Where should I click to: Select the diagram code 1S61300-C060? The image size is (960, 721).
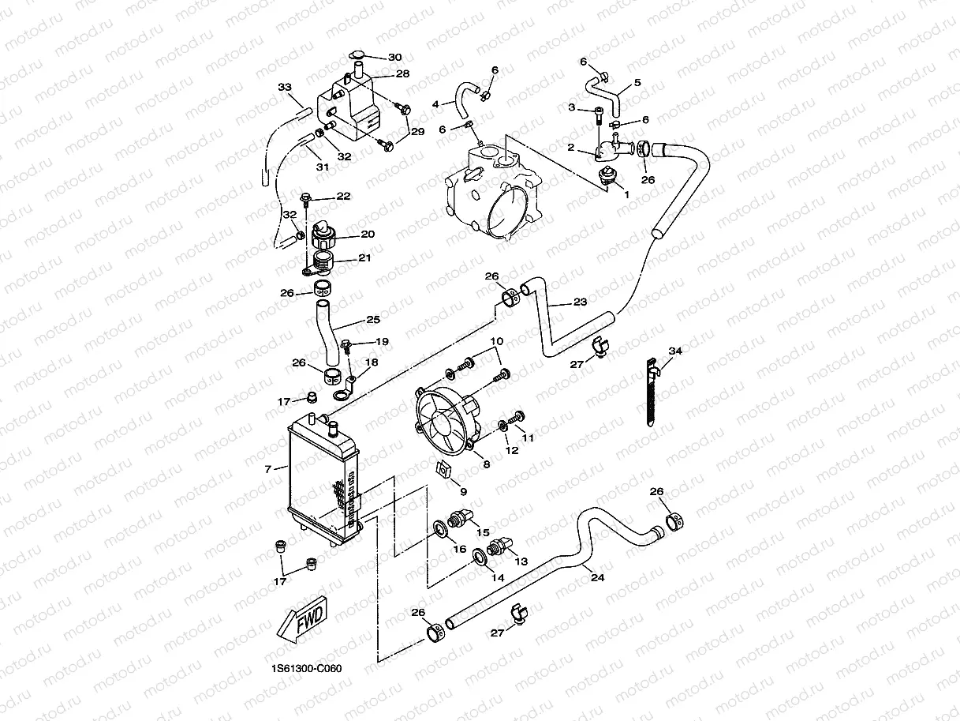(306, 668)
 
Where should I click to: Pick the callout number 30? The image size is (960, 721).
(395, 58)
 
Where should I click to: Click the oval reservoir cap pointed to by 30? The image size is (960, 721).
(357, 54)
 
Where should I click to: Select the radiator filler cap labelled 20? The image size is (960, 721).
(323, 235)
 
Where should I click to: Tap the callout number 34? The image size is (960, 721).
(675, 351)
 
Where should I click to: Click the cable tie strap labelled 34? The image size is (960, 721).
(652, 392)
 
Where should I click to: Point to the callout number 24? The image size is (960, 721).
(597, 577)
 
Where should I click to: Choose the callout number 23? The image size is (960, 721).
(580, 302)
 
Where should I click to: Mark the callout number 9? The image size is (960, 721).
(463, 492)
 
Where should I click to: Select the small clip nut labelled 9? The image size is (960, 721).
(443, 470)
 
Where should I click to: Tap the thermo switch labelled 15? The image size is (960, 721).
(460, 517)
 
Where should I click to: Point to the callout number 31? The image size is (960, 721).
(323, 167)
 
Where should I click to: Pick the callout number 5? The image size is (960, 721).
(637, 82)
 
